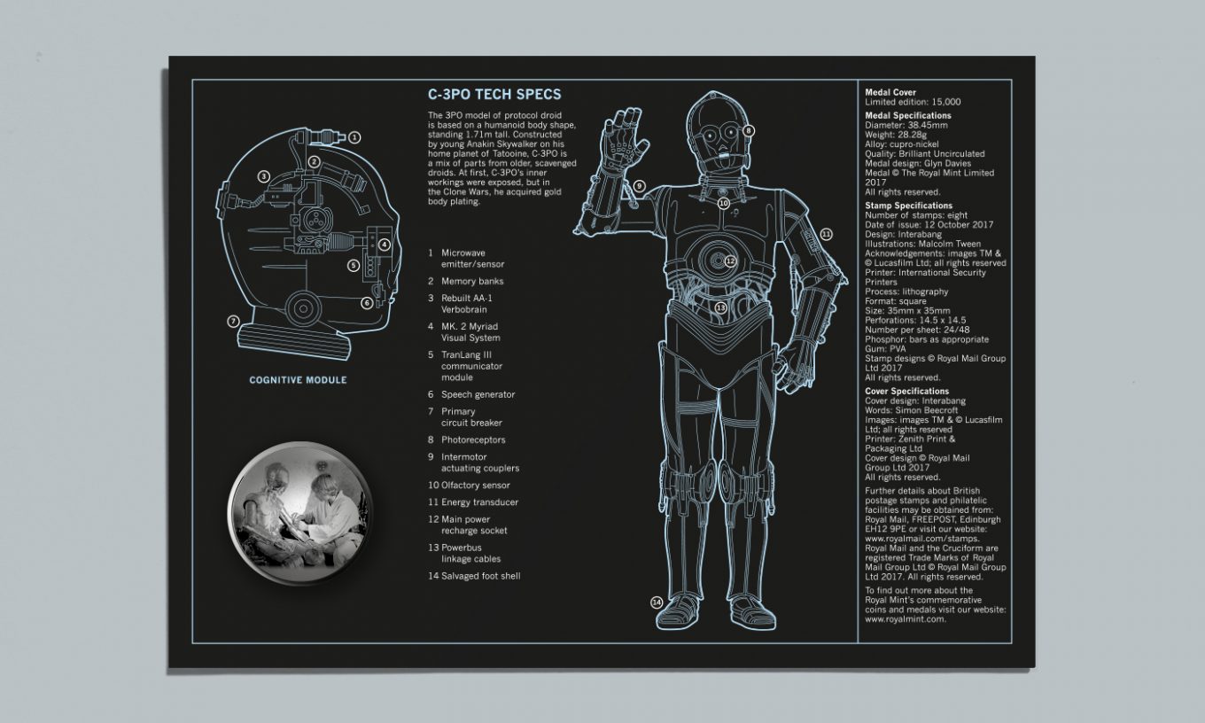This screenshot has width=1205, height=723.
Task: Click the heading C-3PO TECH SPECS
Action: click(x=494, y=95)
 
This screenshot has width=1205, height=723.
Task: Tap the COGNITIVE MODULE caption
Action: click(x=298, y=381)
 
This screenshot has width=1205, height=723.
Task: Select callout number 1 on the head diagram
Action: click(x=354, y=137)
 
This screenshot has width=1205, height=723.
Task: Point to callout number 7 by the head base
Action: click(x=233, y=321)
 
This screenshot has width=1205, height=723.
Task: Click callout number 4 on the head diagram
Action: click(x=385, y=245)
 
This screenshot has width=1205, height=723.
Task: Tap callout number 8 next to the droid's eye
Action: click(x=749, y=130)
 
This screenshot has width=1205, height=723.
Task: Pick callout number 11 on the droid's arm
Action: click(x=826, y=234)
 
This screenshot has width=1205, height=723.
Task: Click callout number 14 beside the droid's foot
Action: click(x=657, y=602)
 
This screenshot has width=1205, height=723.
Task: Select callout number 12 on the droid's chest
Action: click(x=730, y=261)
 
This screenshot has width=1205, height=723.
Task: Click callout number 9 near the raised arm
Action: click(x=639, y=186)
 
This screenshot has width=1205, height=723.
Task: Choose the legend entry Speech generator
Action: click(x=478, y=394)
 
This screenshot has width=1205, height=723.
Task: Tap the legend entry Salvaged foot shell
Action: click(x=481, y=576)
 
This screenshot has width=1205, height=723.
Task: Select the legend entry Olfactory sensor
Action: click(x=476, y=486)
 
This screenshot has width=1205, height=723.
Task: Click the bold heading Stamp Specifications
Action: click(x=908, y=206)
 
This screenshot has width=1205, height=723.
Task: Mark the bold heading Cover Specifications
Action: click(x=906, y=391)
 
